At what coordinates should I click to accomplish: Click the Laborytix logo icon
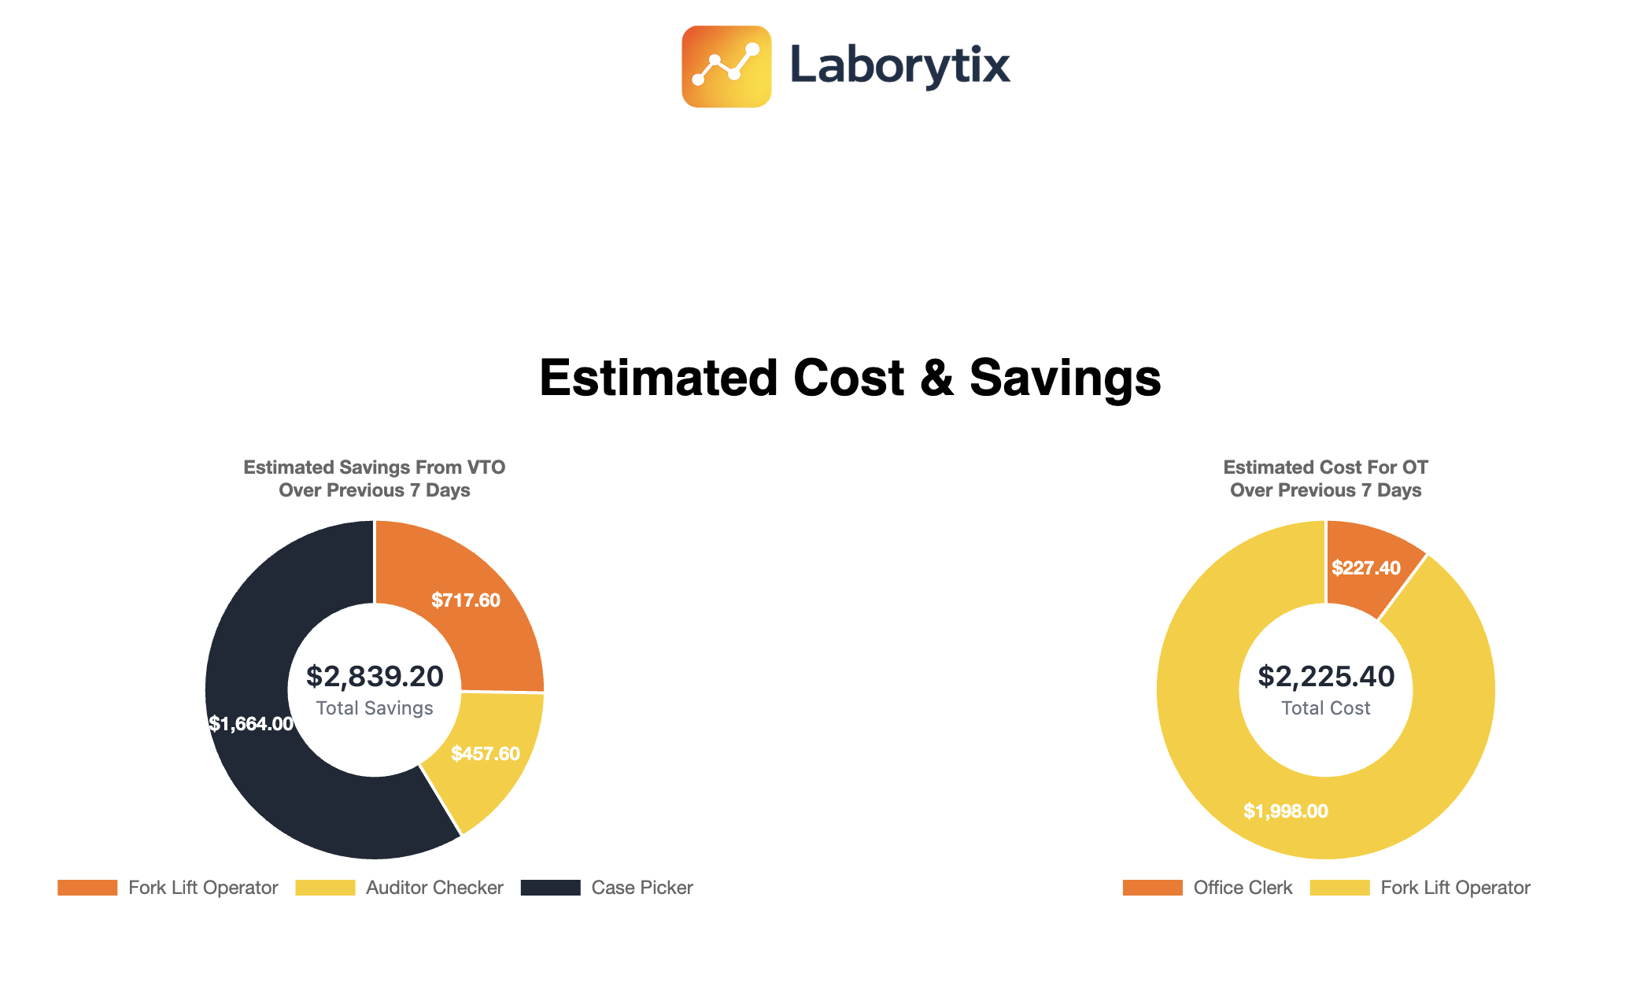(x=726, y=66)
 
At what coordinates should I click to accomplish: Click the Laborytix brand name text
(x=899, y=65)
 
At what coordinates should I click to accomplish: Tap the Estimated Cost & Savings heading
(x=850, y=378)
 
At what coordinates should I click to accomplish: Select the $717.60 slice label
(x=465, y=600)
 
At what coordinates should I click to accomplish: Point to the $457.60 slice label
(x=485, y=754)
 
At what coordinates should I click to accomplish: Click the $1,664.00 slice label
(x=251, y=724)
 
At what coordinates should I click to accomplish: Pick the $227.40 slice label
(x=1365, y=568)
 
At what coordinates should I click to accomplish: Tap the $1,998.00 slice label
(x=1285, y=811)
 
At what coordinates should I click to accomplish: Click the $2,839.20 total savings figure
(x=375, y=676)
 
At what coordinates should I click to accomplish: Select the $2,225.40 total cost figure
(x=1325, y=676)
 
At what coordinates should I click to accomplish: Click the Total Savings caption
(x=375, y=708)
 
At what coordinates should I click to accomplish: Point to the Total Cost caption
(x=1325, y=708)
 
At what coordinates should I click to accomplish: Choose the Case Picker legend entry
(x=608, y=888)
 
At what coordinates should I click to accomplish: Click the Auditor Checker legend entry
(x=400, y=888)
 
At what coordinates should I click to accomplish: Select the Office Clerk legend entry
(x=1208, y=888)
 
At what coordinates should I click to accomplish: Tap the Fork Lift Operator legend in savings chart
(x=168, y=888)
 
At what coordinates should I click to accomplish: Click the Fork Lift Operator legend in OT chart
(x=1420, y=888)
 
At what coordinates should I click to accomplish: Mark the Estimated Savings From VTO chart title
(x=375, y=478)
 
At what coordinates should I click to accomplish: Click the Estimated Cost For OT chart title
(x=1325, y=478)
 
